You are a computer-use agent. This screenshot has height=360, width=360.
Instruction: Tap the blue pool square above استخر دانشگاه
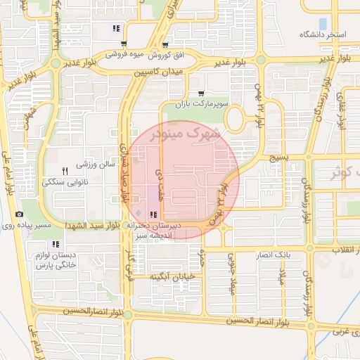tap(323, 23)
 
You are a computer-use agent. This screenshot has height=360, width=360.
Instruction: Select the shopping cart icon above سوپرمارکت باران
tap(202, 93)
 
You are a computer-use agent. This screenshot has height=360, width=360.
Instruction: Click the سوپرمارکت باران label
tap(203, 103)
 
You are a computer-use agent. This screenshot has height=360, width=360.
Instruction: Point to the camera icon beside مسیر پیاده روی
tap(19, 214)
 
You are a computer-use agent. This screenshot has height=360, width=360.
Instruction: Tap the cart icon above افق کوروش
tap(165, 44)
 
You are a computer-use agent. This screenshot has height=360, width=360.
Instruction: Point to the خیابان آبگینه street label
tap(169, 277)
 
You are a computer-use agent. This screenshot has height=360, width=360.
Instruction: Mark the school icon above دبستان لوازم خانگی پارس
tap(56, 244)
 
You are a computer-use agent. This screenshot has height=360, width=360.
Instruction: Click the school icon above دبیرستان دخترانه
tap(153, 214)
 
